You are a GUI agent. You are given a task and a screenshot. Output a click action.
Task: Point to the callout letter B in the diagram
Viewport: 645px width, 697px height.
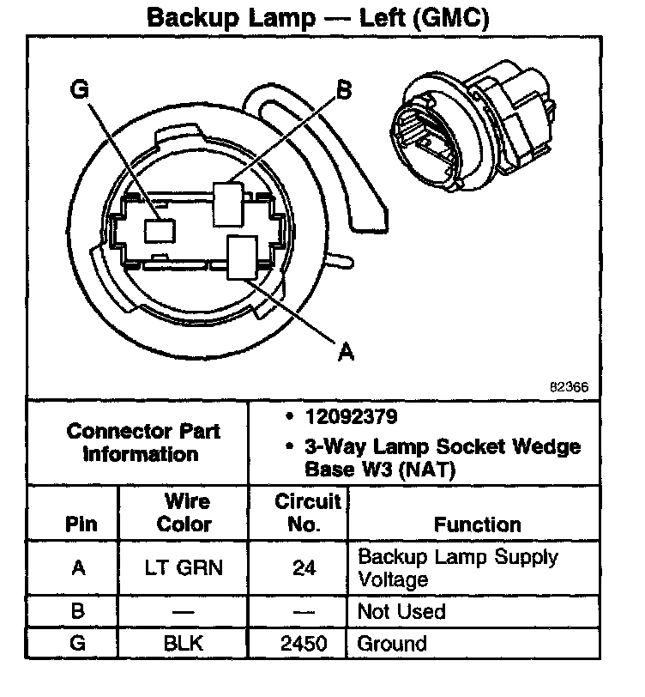(343, 90)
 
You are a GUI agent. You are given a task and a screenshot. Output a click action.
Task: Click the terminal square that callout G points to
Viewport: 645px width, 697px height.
(160, 229)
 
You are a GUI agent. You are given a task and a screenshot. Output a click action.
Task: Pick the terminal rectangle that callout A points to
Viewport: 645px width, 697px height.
(243, 257)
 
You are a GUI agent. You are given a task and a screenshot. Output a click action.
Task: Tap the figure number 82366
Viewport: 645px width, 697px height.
(569, 386)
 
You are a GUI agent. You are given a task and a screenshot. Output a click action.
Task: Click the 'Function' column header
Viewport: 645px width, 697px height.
(477, 524)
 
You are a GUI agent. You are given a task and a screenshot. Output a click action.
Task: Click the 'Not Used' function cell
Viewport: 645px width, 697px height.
(401, 612)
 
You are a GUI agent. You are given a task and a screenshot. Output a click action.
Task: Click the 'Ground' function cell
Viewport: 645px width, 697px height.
(392, 642)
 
